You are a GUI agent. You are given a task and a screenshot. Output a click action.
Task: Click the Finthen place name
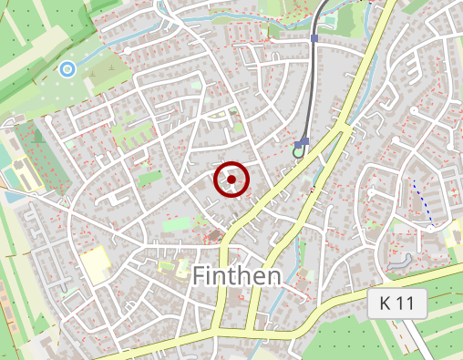tap(237, 273)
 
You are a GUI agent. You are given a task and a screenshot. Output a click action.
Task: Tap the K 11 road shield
tap(397, 305)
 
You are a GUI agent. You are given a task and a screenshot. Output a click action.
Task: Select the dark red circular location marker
tap(231, 180)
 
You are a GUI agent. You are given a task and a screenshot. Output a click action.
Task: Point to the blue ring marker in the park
tap(67, 68)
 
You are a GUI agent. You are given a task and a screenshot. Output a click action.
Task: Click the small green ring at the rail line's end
tap(298, 151)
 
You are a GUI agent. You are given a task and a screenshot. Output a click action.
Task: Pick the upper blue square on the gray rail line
tap(314, 38)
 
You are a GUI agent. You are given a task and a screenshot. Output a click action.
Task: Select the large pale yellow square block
tap(94, 263)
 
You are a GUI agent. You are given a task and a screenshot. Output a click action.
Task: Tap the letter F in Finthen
tap(200, 273)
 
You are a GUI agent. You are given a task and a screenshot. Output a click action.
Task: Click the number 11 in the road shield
tap(408, 305)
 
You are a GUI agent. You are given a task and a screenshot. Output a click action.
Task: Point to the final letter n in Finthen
tap(271, 275)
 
